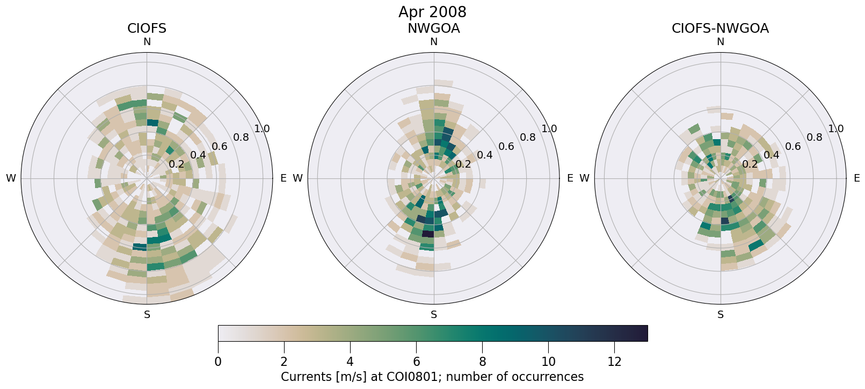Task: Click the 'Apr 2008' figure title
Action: click(x=432, y=12)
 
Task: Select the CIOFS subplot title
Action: click(x=147, y=28)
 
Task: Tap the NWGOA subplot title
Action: click(x=433, y=28)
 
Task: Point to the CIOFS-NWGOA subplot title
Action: click(x=720, y=28)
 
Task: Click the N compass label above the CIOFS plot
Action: click(x=147, y=42)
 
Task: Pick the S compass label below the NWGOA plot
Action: click(x=434, y=315)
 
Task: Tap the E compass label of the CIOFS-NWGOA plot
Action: click(x=857, y=178)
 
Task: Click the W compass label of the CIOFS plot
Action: click(x=11, y=178)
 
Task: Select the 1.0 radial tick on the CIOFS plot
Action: click(x=262, y=128)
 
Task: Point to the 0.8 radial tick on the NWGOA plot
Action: click(x=528, y=137)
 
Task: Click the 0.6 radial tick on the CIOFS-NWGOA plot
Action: click(x=793, y=146)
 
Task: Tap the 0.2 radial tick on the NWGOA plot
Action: click(x=463, y=164)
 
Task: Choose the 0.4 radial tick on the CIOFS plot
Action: click(x=198, y=155)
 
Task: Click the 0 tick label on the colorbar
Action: click(x=218, y=362)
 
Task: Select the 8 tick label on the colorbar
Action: click(x=482, y=362)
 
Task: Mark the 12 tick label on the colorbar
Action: click(x=614, y=362)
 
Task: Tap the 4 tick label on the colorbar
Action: click(x=350, y=362)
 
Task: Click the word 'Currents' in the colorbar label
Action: click(x=304, y=377)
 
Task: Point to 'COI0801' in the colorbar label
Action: click(x=418, y=377)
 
